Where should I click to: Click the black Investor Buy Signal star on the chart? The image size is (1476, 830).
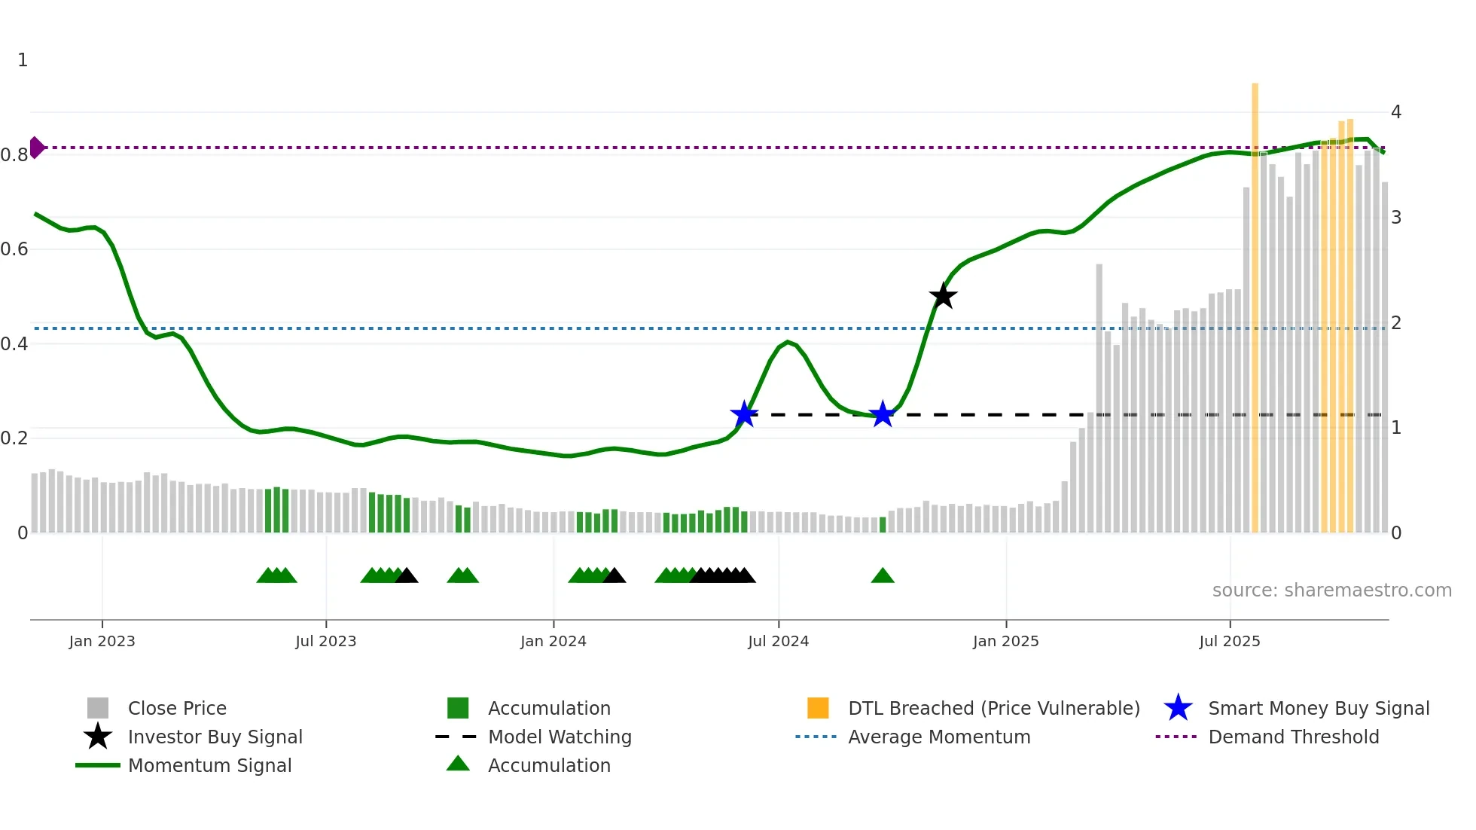point(942,296)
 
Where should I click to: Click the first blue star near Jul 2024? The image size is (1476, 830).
point(744,413)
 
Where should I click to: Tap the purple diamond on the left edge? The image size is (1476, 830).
point(36,148)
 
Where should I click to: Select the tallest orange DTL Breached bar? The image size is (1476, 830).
point(1255,301)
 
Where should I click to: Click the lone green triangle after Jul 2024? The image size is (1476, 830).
point(883,576)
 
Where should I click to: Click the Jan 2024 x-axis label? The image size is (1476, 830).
point(553,641)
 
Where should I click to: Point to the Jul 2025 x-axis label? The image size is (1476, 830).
point(1229,641)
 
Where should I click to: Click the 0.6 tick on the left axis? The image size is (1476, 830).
point(15,249)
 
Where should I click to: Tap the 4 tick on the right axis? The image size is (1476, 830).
point(1396,112)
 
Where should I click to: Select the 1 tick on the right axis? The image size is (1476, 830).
point(1396,428)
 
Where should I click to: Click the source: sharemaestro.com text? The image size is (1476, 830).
point(1331,590)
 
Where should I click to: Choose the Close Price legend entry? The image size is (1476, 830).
point(177,708)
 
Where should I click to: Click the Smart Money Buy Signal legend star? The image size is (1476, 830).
point(1178,708)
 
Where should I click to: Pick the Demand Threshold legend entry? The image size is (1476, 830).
point(1293,737)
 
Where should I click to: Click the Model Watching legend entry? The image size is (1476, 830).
point(560,737)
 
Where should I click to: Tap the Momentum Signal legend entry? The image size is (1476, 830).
point(209,765)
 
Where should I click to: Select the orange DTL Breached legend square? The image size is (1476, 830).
point(818,708)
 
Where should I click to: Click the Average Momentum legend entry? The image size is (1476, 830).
point(939,737)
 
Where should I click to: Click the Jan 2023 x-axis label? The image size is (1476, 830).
point(102,641)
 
